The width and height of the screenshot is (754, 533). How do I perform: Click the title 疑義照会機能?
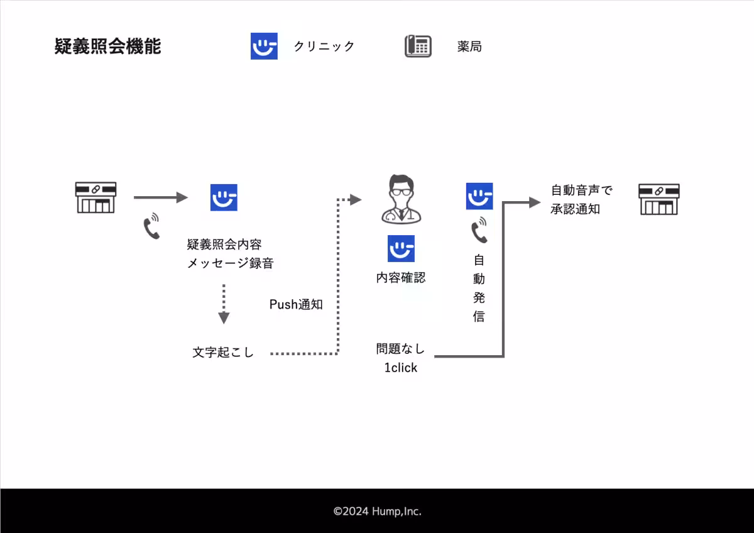(x=107, y=47)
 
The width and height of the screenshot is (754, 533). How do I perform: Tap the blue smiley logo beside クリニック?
(x=264, y=47)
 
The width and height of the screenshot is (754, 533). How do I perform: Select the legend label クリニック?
(x=324, y=47)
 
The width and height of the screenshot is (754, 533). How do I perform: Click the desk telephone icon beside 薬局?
(x=418, y=47)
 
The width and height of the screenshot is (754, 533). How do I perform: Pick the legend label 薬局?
(x=469, y=47)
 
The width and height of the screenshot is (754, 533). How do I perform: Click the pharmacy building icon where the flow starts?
(x=96, y=197)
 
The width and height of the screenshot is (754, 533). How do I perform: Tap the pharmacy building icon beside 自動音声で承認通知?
(x=659, y=199)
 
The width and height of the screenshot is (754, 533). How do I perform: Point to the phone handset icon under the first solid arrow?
(x=151, y=227)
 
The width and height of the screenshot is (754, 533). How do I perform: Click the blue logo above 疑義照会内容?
(x=224, y=197)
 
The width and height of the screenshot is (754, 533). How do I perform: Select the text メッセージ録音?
(x=231, y=263)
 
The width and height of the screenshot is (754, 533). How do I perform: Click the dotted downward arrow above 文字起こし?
(x=224, y=304)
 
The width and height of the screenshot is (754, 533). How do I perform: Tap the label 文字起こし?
(x=223, y=353)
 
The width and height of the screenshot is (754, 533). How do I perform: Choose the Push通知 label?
(x=296, y=305)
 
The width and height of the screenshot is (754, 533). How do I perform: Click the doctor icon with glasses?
(x=401, y=200)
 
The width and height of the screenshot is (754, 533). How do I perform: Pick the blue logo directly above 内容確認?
(x=401, y=249)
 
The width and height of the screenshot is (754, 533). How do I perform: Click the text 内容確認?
(x=401, y=277)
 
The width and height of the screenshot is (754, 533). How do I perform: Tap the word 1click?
(x=401, y=368)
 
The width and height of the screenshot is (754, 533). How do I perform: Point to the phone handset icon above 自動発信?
(x=479, y=230)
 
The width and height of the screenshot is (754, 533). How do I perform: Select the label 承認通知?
(x=575, y=209)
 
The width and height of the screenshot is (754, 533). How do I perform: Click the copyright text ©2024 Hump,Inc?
(x=377, y=512)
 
